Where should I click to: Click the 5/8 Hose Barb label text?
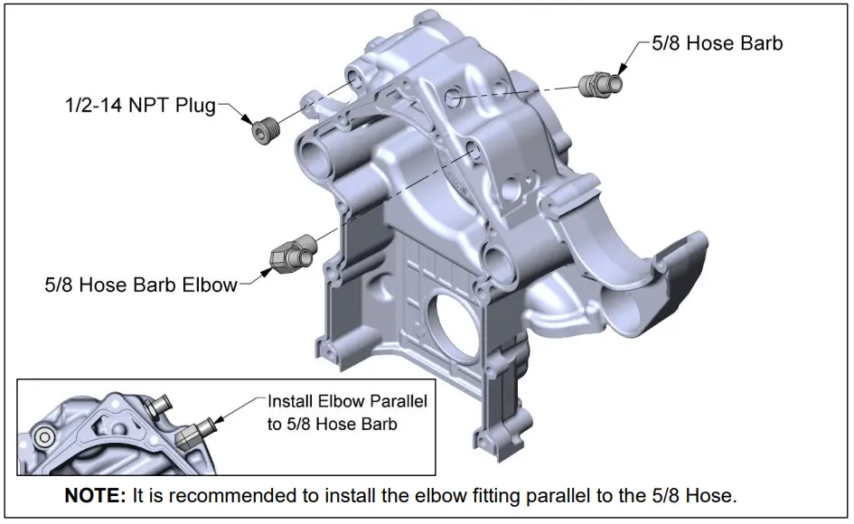pos(718,42)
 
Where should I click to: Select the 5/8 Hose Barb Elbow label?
pos(140,285)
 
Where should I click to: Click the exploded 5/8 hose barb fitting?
pos(600,83)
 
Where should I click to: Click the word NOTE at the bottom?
pos(94,496)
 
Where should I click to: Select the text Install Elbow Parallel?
pos(347,399)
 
